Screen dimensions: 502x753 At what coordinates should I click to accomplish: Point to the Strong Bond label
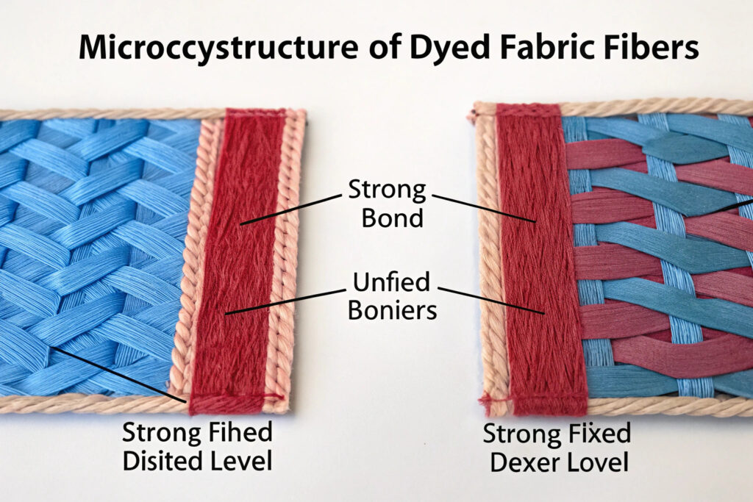pyautogui.click(x=376, y=204)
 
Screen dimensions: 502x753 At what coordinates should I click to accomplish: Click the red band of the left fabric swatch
pyautogui.click(x=237, y=257)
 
